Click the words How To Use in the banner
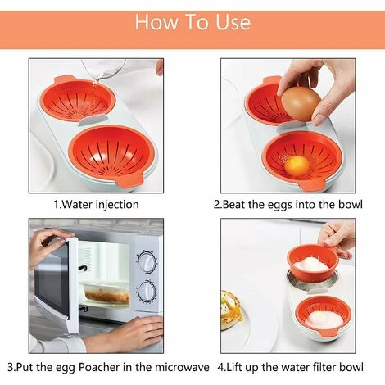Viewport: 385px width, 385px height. [192, 21]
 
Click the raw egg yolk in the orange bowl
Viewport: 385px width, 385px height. [298, 165]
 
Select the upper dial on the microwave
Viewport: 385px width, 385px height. [147, 262]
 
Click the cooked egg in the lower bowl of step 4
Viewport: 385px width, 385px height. [323, 318]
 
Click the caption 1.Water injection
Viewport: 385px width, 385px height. [96, 204]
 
